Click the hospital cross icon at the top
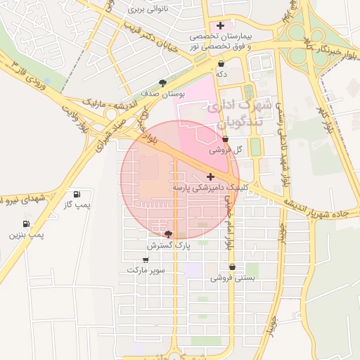(221, 25)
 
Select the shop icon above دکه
(221, 63)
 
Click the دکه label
(221, 73)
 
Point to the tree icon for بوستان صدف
(164, 82)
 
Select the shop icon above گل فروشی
(225, 140)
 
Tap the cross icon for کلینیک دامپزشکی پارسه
(211, 176)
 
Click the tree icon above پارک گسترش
(167, 234)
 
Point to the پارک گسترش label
(169, 245)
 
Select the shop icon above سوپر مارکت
(146, 259)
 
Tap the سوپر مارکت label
(146, 270)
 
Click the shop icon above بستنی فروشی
(232, 266)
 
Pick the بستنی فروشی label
(232, 278)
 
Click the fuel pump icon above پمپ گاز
(77, 195)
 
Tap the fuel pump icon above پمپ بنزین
(25, 224)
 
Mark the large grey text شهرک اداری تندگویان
(236, 115)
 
